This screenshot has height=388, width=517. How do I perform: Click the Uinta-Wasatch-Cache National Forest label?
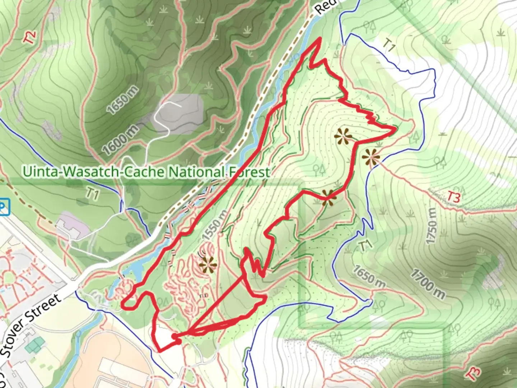(x=146, y=172)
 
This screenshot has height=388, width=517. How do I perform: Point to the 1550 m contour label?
(x=215, y=225)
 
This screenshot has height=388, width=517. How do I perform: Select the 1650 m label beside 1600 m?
(x=123, y=100)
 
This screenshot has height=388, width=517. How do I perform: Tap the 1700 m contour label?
(x=428, y=284)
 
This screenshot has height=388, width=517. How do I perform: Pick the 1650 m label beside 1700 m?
(x=369, y=277)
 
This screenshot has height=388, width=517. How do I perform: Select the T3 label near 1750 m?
(x=453, y=197)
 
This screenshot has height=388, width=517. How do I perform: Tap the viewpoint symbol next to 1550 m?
(x=208, y=265)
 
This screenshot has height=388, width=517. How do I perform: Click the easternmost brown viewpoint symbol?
(x=371, y=157)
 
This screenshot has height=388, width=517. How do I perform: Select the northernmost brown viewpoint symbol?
(x=343, y=136)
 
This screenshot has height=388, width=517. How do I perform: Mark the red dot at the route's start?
(x=175, y=336)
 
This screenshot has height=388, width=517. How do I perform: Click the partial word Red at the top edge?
(x=326, y=6)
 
